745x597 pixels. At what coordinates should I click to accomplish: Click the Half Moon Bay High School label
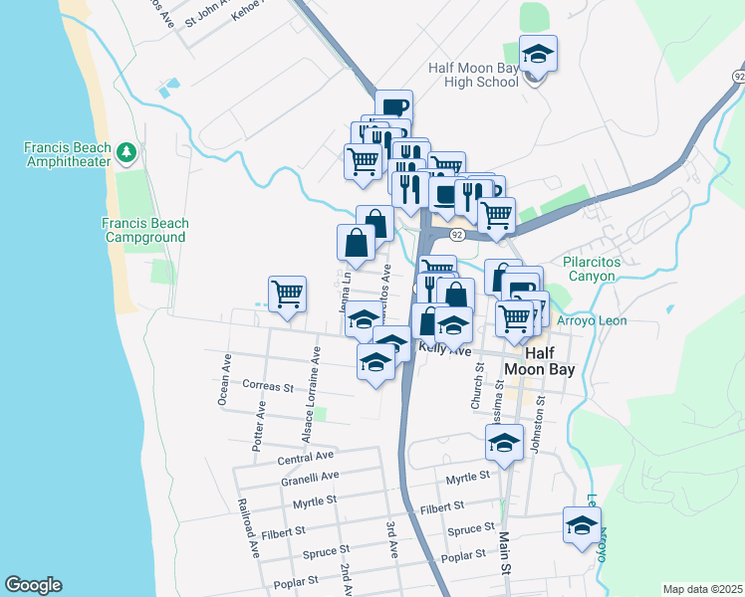(x=473, y=75)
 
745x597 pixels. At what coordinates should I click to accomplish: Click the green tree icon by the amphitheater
(x=125, y=152)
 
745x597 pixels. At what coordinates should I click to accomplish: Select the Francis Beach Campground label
(x=144, y=231)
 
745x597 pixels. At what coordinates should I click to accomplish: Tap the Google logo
(x=33, y=585)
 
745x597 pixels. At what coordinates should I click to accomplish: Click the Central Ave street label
(x=305, y=458)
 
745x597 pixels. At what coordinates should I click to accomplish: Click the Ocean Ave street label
(x=224, y=378)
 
